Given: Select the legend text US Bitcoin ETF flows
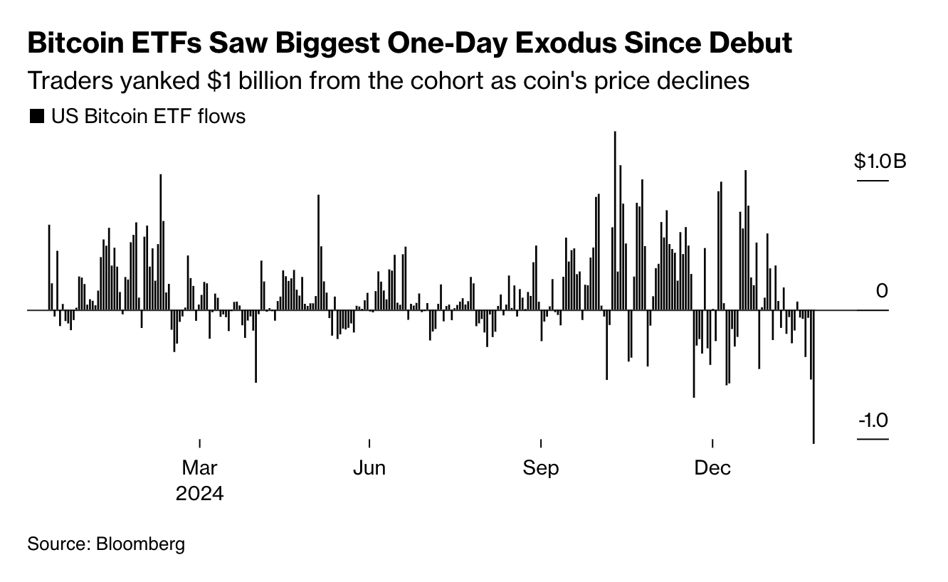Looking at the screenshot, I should pyautogui.click(x=147, y=117).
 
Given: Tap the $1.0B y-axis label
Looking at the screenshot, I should pyautogui.click(x=880, y=162).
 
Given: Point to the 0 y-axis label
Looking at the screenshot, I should pyautogui.click(x=882, y=291).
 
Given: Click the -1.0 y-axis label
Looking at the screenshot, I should pyautogui.click(x=873, y=420).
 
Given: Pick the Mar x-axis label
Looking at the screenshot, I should pyautogui.click(x=200, y=468).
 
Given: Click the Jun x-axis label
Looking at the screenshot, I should pyautogui.click(x=369, y=468).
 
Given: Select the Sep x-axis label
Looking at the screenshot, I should pyautogui.click(x=541, y=468).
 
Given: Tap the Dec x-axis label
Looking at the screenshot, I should pyautogui.click(x=712, y=468).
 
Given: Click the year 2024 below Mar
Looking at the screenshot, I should pyautogui.click(x=199, y=493).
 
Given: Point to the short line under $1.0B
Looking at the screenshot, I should pyautogui.click(x=873, y=181).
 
